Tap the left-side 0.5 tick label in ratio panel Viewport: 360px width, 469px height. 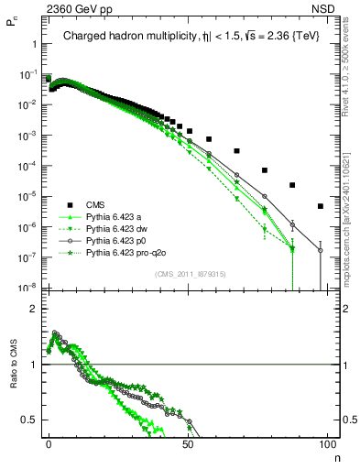pos(29,420)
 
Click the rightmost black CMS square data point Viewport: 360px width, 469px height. pos(321,206)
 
